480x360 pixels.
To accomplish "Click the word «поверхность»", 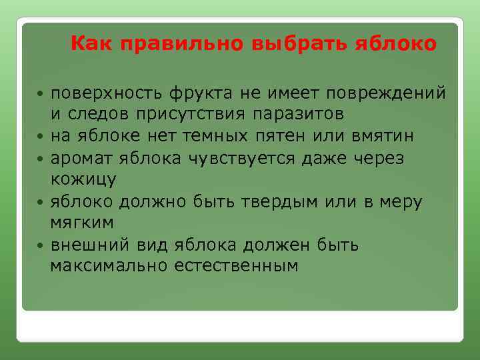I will coord(107,92).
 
